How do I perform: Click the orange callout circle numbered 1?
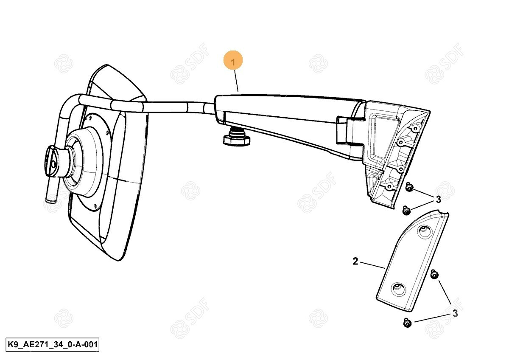pyautogui.click(x=233, y=62)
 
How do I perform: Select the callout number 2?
pyautogui.click(x=355, y=261)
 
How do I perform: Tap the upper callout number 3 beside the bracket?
pyautogui.click(x=438, y=199)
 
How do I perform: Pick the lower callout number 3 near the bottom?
pyautogui.click(x=455, y=313)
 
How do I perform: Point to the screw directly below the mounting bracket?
pyautogui.click(x=410, y=187)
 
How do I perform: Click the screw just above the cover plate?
pyautogui.click(x=406, y=209)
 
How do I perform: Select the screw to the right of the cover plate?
pyautogui.click(x=433, y=274)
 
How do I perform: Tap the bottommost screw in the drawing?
pyautogui.click(x=408, y=323)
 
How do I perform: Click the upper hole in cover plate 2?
pyautogui.click(x=423, y=231)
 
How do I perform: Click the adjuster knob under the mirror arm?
pyautogui.click(x=235, y=138)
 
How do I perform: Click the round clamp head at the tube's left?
pyautogui.click(x=53, y=161)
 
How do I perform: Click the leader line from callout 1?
pyautogui.click(x=236, y=81)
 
